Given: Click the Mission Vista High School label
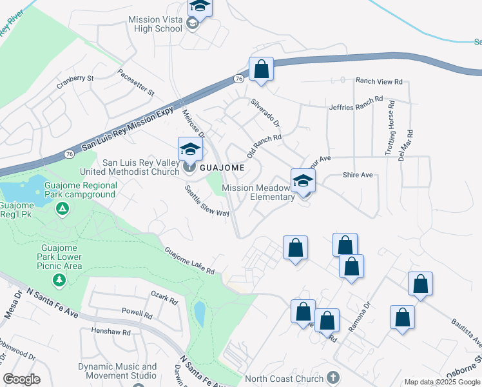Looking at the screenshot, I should click(155, 24).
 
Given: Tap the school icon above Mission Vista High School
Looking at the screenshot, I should click(200, 7).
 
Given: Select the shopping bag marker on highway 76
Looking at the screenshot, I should click(261, 68).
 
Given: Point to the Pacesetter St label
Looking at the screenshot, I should click(137, 83).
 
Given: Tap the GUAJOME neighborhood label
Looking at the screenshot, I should click(221, 168).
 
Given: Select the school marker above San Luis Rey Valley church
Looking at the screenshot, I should click(190, 149).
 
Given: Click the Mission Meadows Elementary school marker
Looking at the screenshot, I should click(303, 181).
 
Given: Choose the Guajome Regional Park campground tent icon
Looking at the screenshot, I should click(62, 208).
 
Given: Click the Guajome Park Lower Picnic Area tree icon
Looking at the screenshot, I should click(59, 280).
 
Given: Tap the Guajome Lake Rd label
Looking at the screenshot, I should click(189, 261).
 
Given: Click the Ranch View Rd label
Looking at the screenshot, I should click(379, 82).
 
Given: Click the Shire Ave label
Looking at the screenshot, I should click(358, 175).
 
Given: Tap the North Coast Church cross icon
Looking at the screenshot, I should click(333, 377).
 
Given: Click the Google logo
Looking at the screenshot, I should click(21, 379).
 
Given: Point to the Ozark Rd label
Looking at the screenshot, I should click(164, 299).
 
